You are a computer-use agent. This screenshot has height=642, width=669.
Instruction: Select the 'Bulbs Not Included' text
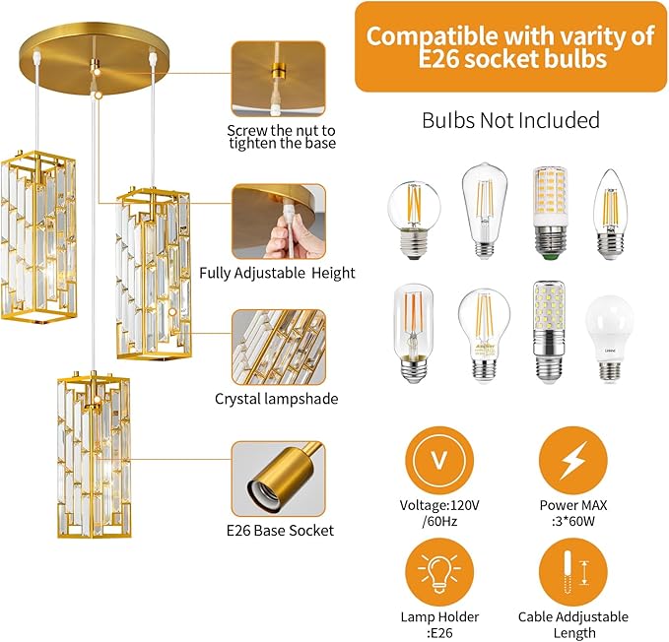(x=510, y=121)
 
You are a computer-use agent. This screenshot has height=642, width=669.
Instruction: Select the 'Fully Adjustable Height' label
(x=277, y=273)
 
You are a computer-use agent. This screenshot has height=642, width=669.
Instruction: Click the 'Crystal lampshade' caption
(x=277, y=399)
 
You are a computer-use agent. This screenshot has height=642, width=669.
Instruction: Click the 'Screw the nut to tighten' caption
(x=282, y=136)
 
